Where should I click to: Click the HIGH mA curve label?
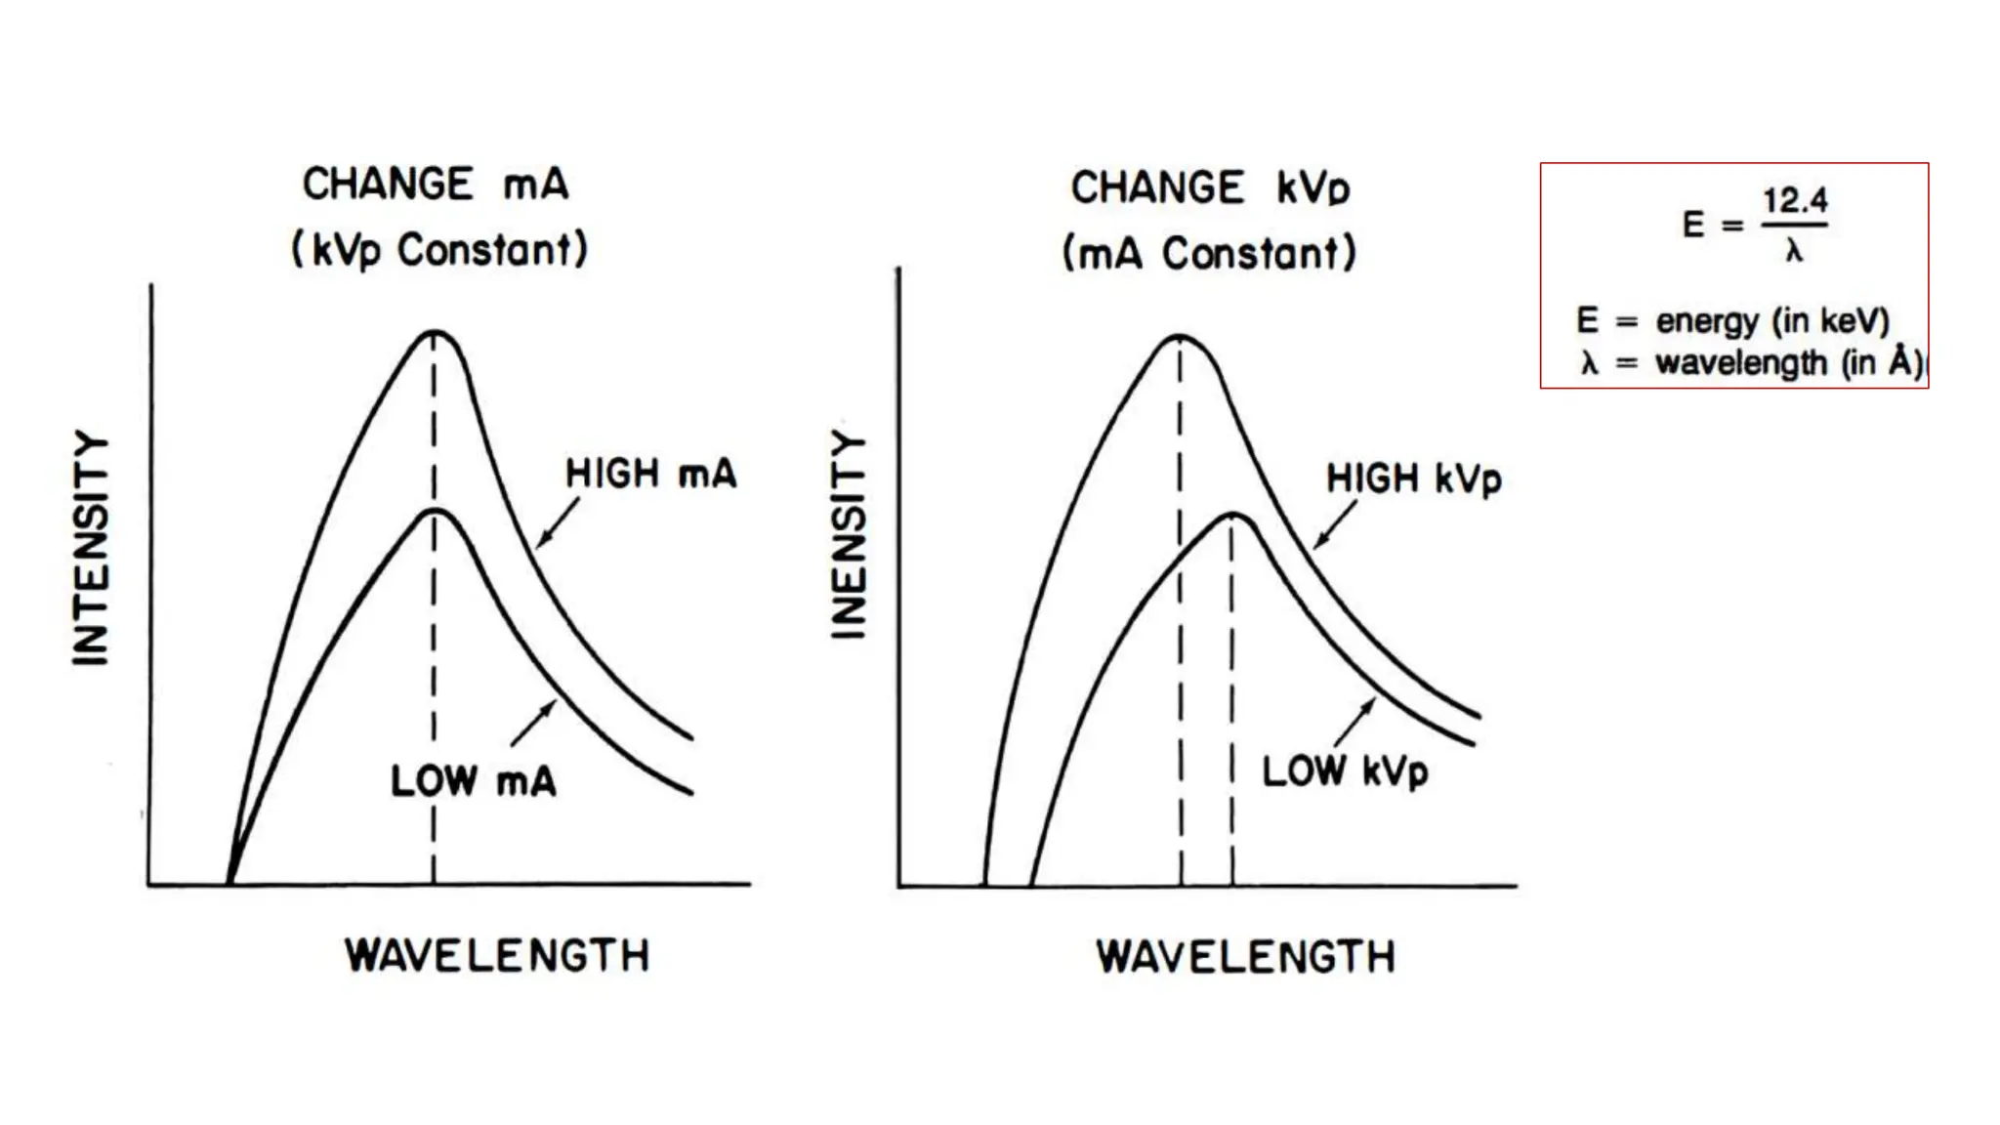tap(650, 475)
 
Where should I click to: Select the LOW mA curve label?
tap(474, 781)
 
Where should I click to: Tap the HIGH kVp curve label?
tap(1413, 479)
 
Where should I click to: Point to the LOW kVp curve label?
tap(1345, 771)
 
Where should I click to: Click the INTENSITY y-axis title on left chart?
tap(91, 548)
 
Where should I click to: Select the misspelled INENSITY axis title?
tap(849, 535)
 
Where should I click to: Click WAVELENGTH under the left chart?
tap(497, 955)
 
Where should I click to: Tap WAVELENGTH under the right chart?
tap(1246, 957)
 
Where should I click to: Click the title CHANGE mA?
tap(436, 185)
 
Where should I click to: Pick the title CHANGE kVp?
tap(1211, 187)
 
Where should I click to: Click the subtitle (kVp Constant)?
tap(439, 250)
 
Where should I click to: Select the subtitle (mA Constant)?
tap(1209, 254)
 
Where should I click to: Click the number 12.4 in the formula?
tap(1795, 201)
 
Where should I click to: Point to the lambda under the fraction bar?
tap(1794, 252)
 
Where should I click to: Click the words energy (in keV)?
tap(1772, 320)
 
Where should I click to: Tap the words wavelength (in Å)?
tap(1787, 363)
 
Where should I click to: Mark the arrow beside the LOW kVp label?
tap(1354, 724)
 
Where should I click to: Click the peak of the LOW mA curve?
tap(435, 511)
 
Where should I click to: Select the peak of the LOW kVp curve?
tap(1233, 514)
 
